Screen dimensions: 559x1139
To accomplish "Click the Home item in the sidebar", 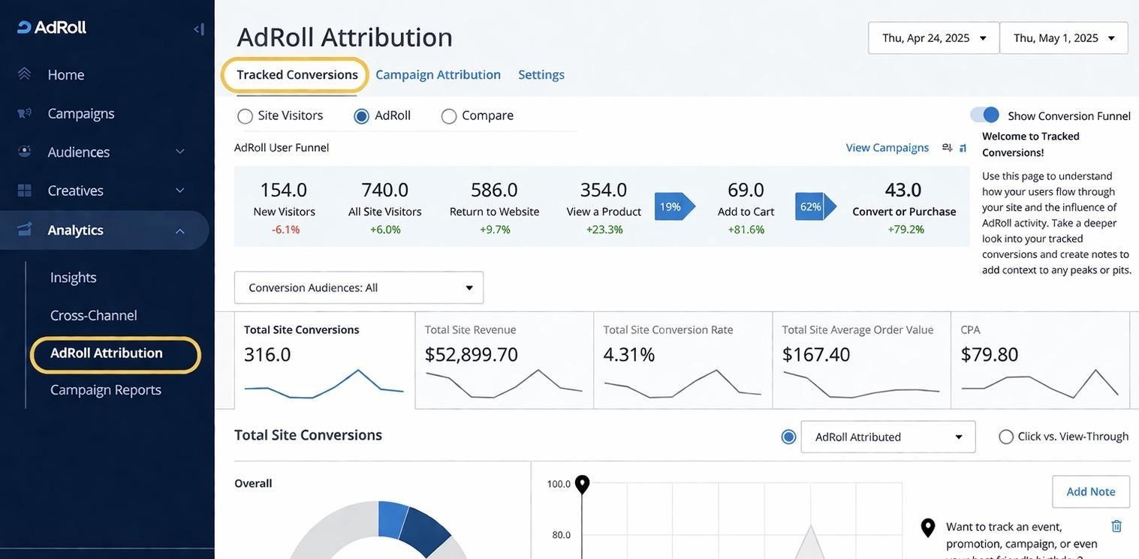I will (66, 74).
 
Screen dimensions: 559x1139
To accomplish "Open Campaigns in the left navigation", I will (80, 113).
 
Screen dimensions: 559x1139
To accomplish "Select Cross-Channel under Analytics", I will (94, 315).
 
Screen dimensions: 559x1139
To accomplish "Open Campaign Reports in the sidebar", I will (106, 389).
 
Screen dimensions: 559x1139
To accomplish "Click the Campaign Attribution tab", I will (438, 74).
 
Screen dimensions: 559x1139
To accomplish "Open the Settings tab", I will (541, 74).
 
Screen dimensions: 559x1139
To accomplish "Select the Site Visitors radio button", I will (246, 116).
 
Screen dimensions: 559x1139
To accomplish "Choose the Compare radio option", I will (449, 116).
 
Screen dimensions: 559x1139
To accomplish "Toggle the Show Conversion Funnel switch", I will (984, 115).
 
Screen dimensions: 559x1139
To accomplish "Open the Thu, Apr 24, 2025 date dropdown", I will (933, 38).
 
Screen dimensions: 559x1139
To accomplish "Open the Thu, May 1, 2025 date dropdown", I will (1063, 38).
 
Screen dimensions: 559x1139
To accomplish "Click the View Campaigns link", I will (887, 147).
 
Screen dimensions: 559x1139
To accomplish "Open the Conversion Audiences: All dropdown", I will (359, 287).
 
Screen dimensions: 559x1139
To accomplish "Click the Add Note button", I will (1090, 491).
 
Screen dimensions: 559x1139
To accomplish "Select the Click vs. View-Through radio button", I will (1006, 437).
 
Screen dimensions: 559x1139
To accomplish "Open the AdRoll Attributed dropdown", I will (888, 437).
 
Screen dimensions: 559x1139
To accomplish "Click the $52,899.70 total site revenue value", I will (472, 354).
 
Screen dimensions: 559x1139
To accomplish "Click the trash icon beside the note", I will (1116, 526).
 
